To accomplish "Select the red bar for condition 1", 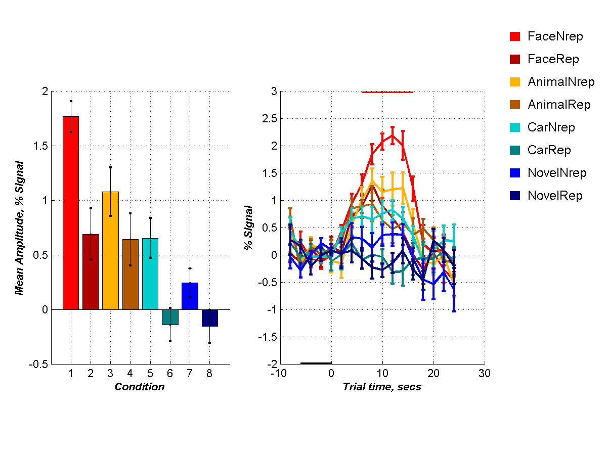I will tap(71, 212).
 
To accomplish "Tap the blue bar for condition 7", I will tap(190, 296).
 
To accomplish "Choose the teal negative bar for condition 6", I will tap(170, 317).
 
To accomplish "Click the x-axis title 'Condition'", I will tap(140, 387).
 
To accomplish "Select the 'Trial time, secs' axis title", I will tap(382, 387).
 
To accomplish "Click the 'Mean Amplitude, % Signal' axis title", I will tap(20, 227).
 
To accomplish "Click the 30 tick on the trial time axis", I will tap(485, 373).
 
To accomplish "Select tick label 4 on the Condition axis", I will tap(131, 373).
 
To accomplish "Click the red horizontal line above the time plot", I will tap(387, 92).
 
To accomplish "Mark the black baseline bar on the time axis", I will tap(316, 363).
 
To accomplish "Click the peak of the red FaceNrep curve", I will tap(393, 135).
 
